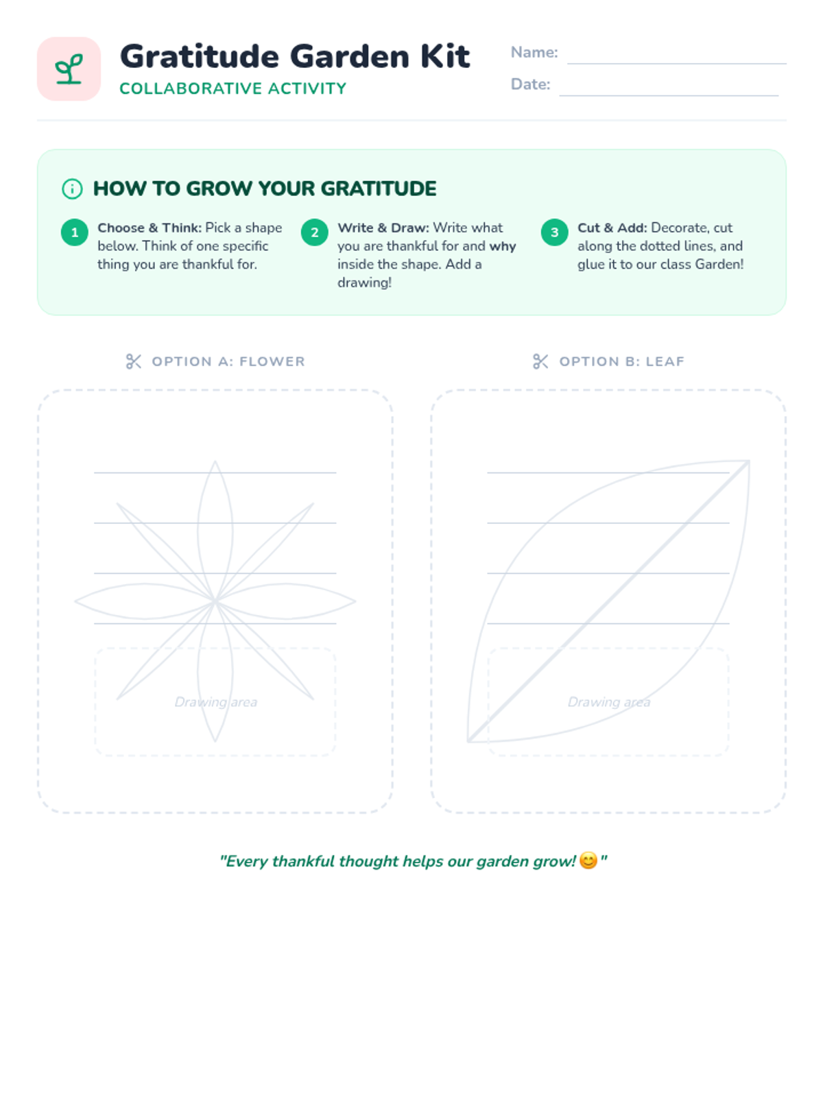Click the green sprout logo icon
coord(69,69)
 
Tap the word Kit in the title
coord(444,56)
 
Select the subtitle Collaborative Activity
coord(233,88)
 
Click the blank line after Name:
coord(677,64)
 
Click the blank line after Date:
coord(669,95)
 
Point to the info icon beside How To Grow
coord(72,189)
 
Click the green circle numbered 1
coord(75,232)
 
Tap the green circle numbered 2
coord(314,232)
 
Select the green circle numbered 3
coord(554,232)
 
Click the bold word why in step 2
coord(502,246)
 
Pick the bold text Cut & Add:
coord(612,228)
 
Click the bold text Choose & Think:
coord(150,228)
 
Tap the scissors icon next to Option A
coord(134,361)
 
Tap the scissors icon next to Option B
coord(540,361)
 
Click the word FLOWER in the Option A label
coord(272,361)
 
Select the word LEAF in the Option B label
coord(665,361)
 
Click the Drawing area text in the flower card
coord(216,702)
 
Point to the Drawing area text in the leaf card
coord(608,702)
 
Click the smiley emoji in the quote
coord(588,860)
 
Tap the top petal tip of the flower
coord(215,461)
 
